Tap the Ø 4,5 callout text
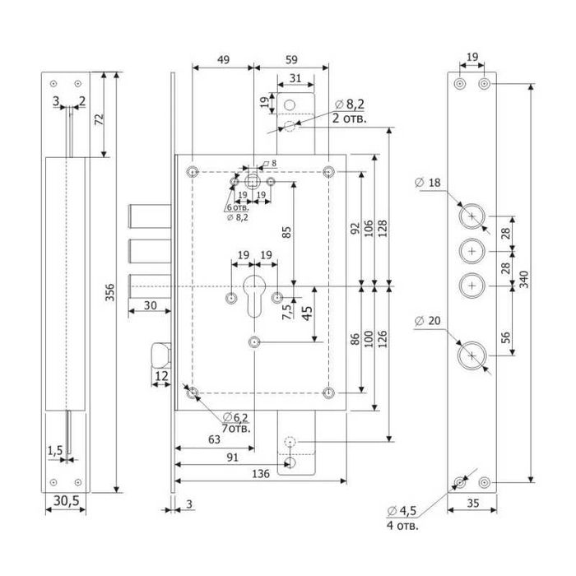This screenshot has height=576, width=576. pyautogui.click(x=402, y=512)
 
